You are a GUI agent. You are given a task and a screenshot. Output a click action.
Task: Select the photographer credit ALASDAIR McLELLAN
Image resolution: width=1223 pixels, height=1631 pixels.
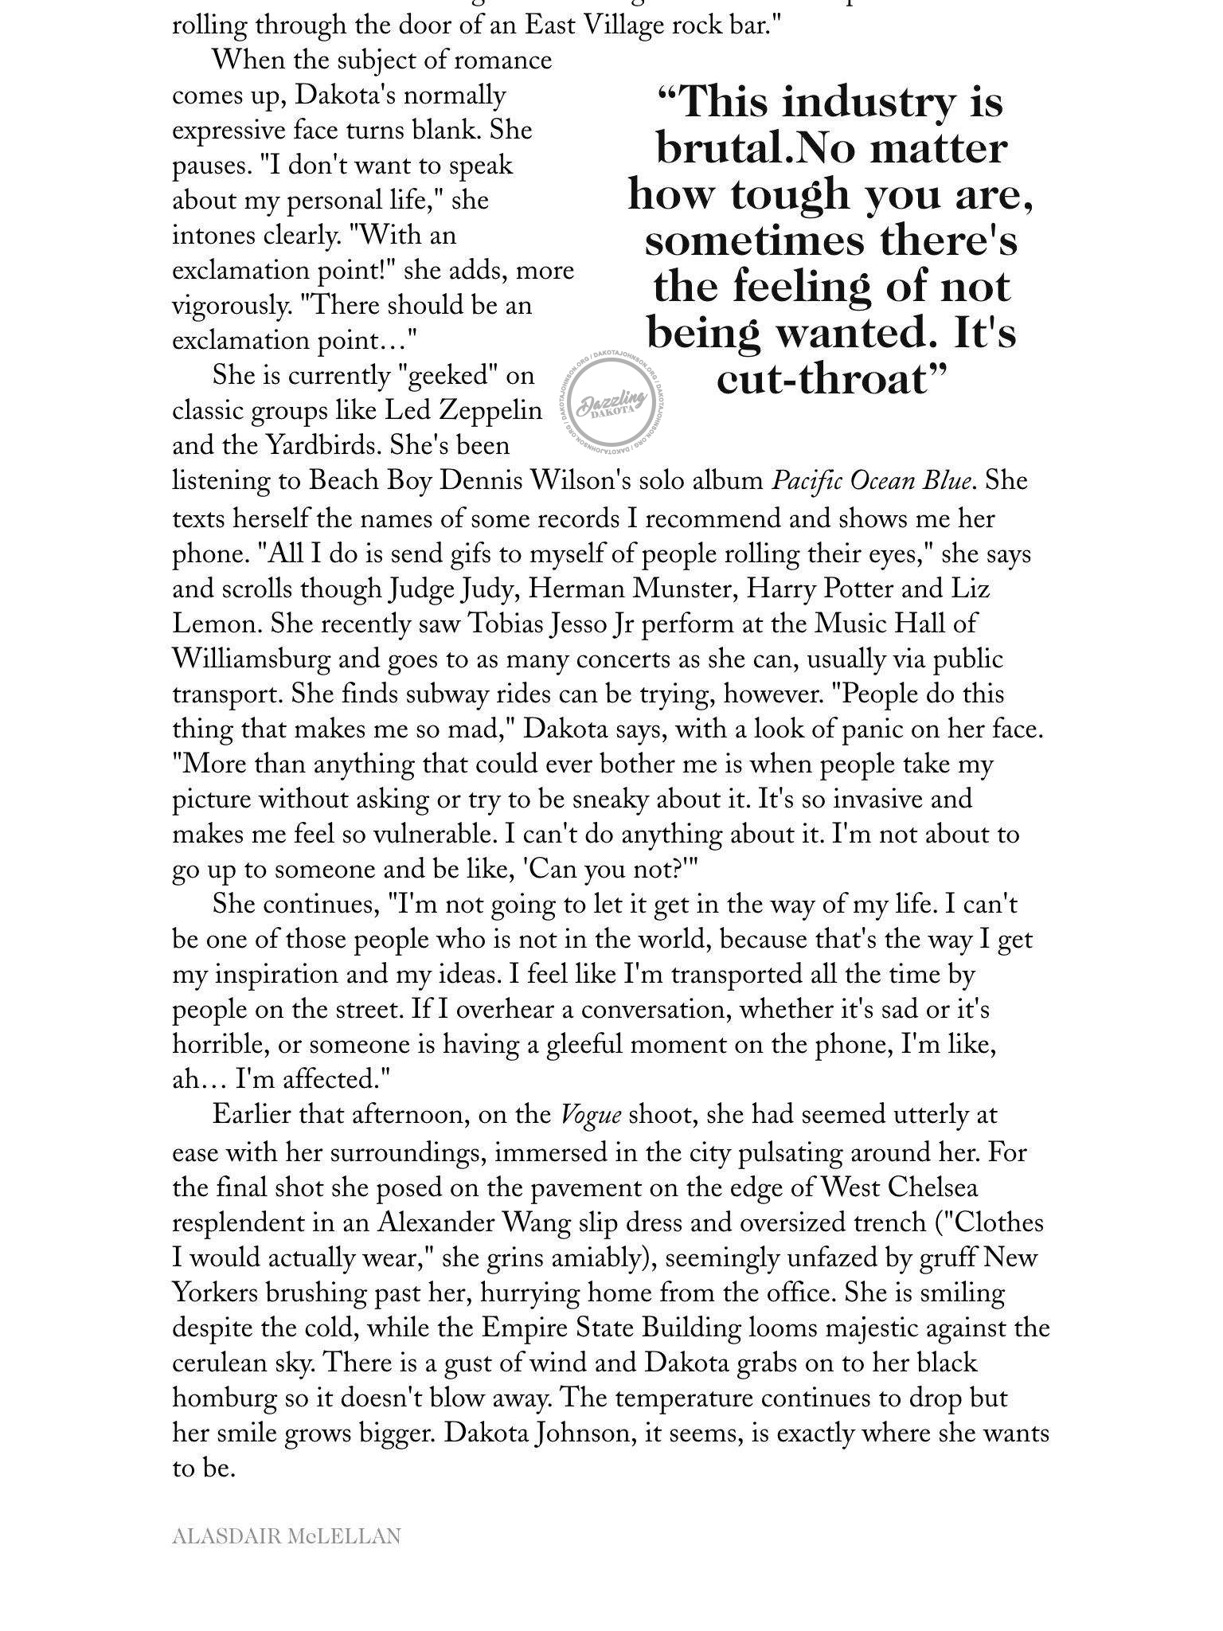pyautogui.click(x=286, y=1536)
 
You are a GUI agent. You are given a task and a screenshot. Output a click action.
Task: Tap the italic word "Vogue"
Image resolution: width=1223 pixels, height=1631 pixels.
pyautogui.click(x=591, y=1114)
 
